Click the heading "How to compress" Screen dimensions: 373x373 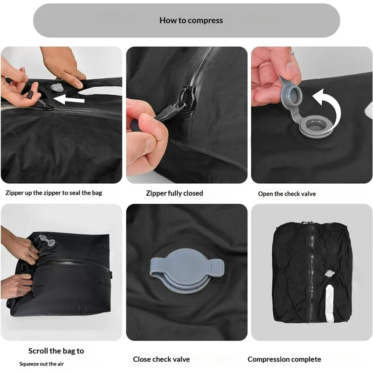click(191, 21)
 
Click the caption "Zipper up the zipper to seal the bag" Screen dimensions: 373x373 click(54, 193)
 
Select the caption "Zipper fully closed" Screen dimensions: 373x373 click(174, 193)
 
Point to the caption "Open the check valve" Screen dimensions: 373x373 click(287, 193)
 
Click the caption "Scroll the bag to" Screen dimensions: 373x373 click(56, 351)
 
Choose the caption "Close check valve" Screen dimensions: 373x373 click(161, 359)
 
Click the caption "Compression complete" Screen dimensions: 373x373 click(284, 359)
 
